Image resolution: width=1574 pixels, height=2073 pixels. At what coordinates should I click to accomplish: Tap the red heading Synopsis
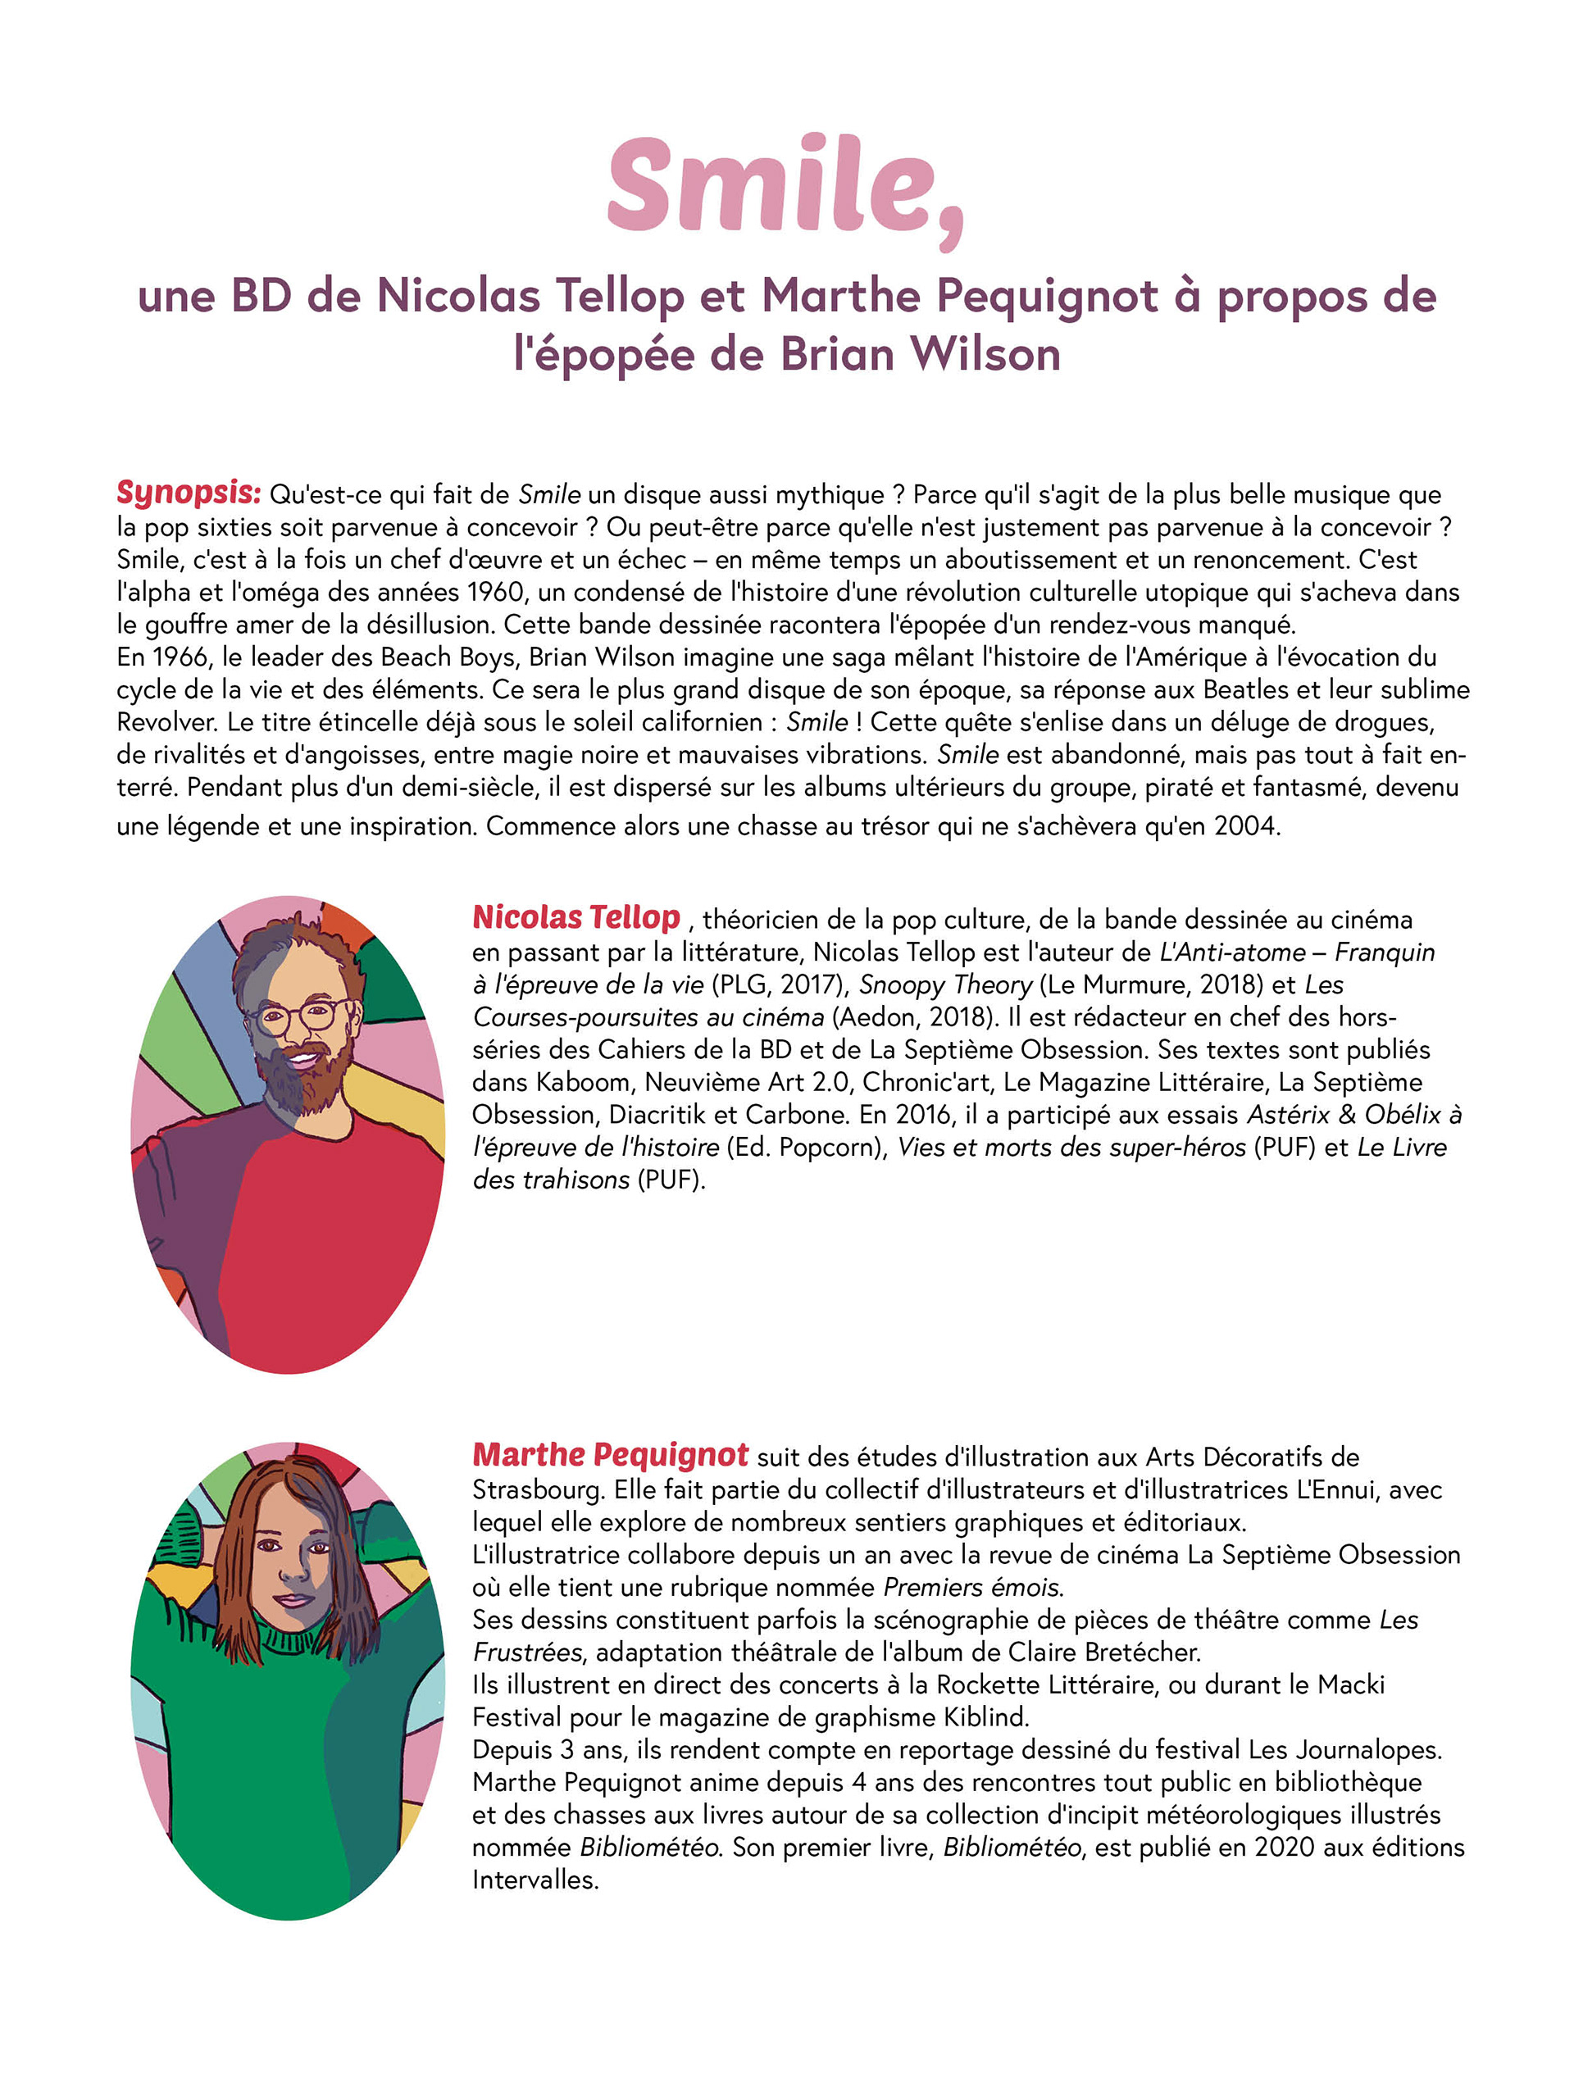tap(188, 492)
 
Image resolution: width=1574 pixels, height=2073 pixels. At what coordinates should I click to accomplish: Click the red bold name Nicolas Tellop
tap(575, 917)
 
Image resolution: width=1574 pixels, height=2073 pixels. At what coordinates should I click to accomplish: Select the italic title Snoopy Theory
tap(945, 985)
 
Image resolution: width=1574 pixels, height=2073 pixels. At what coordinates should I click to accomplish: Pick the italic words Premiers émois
tap(973, 1587)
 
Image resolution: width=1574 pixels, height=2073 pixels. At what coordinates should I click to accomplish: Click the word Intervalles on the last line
tap(534, 1880)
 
